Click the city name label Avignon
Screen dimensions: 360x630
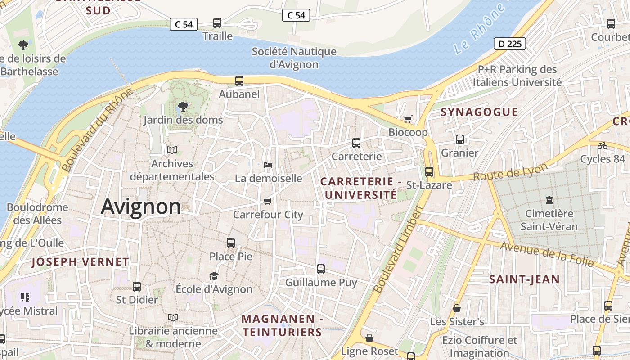[x=141, y=207]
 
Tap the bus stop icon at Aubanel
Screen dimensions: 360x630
[x=239, y=81]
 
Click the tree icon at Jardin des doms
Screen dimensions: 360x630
[x=183, y=107]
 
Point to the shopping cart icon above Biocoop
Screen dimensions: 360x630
[x=408, y=119]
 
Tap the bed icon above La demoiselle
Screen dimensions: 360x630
[x=268, y=165]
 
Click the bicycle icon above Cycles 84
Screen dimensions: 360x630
[x=602, y=146]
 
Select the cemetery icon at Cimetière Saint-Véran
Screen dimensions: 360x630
[x=549, y=200]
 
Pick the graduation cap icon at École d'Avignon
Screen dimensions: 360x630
[x=214, y=276]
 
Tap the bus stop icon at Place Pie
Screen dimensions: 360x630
[x=231, y=243]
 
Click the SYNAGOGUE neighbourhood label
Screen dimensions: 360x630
[x=479, y=112]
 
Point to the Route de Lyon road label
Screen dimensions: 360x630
[x=510, y=172]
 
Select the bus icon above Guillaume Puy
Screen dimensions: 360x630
[x=321, y=269]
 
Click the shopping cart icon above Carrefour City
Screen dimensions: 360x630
[x=268, y=201]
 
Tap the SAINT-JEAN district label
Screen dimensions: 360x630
[x=524, y=279]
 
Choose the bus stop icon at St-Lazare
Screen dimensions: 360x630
[x=429, y=172]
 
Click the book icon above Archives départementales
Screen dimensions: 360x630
[x=172, y=150]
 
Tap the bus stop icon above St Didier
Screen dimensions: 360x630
[x=137, y=286]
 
